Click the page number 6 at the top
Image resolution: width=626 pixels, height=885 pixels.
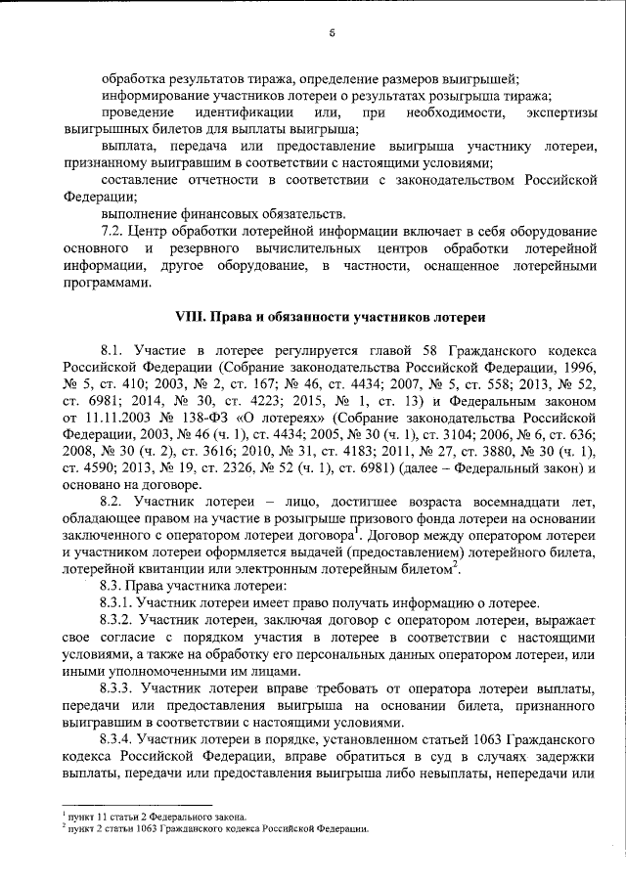click(x=333, y=33)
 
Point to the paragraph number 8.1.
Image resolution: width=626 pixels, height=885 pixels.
click(x=115, y=349)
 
